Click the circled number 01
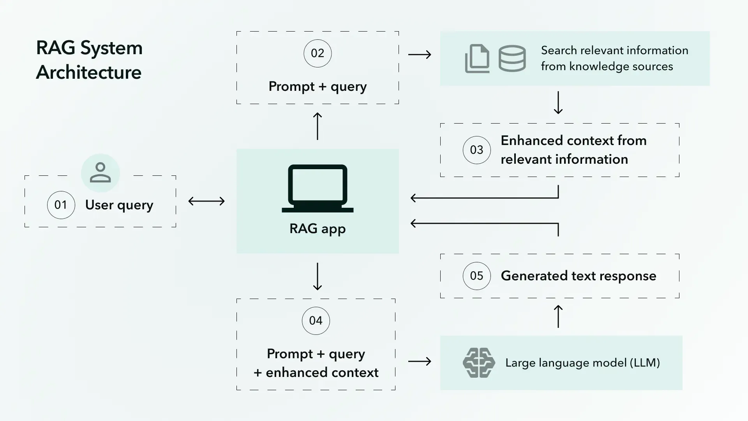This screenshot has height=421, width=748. tap(61, 205)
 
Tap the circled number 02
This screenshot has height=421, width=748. tap(318, 53)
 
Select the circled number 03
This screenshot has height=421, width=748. tap(476, 150)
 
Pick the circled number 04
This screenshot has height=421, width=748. tap(316, 321)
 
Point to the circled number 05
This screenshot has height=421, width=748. tap(476, 276)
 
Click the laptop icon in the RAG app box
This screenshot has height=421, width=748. tap(318, 189)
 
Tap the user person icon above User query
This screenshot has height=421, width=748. tap(100, 173)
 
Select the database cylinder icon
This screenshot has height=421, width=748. tap(512, 58)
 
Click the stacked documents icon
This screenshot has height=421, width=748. tap(477, 58)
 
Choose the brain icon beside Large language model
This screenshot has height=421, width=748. tap(479, 363)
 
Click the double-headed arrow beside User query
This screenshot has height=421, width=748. tap(206, 201)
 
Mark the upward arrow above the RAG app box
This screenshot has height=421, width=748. tap(318, 126)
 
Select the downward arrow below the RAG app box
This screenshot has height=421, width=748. tap(318, 276)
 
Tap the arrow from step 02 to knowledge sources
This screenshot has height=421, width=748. tap(420, 55)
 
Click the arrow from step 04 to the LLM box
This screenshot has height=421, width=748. tap(420, 361)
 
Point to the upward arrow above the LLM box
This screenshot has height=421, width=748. tap(558, 316)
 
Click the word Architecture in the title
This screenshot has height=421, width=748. tap(89, 73)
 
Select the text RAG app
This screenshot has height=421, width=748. tap(318, 229)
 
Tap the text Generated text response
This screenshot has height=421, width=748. tap(578, 276)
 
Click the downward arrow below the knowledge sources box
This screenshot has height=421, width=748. tap(558, 103)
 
